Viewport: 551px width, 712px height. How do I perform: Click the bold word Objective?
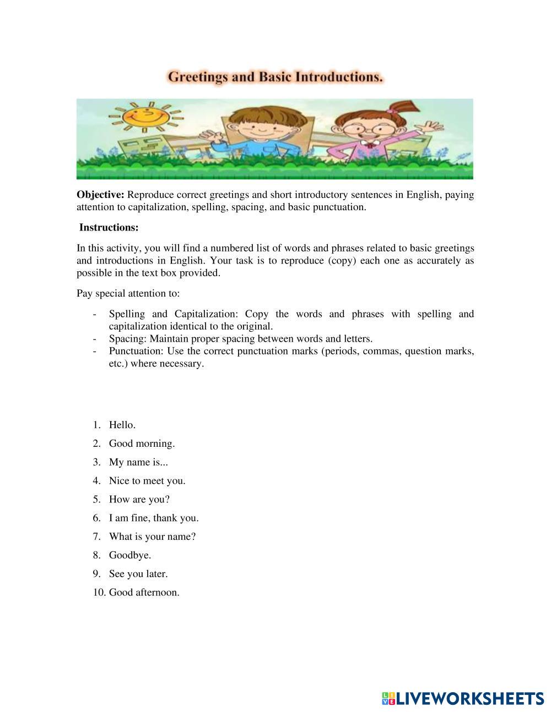click(x=100, y=195)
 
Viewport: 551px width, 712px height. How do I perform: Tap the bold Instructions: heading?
click(x=109, y=227)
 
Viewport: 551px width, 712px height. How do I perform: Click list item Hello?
click(x=122, y=425)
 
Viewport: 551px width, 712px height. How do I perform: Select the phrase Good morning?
click(x=142, y=443)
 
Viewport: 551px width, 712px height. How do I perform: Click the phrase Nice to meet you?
click(x=147, y=481)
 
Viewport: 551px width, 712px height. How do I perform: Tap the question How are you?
click(x=139, y=500)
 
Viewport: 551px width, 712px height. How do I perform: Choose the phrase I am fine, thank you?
click(x=153, y=518)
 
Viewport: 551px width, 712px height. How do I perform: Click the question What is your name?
click(x=152, y=536)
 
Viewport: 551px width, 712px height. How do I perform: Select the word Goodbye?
click(x=129, y=555)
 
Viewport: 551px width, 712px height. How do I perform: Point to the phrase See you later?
click(x=138, y=574)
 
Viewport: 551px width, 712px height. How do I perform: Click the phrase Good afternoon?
click(x=144, y=593)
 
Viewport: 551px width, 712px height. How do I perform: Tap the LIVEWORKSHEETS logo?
click(x=463, y=698)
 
